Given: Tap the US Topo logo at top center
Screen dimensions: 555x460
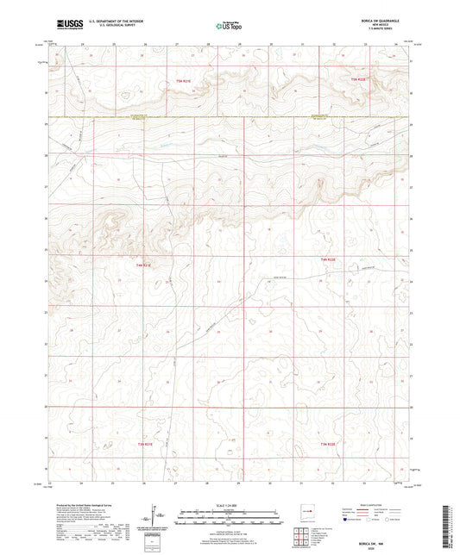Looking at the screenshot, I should click(x=228, y=25).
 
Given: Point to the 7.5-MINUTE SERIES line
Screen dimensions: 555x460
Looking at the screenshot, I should click(x=388, y=29).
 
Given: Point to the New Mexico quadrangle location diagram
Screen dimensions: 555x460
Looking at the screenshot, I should click(x=308, y=509).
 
